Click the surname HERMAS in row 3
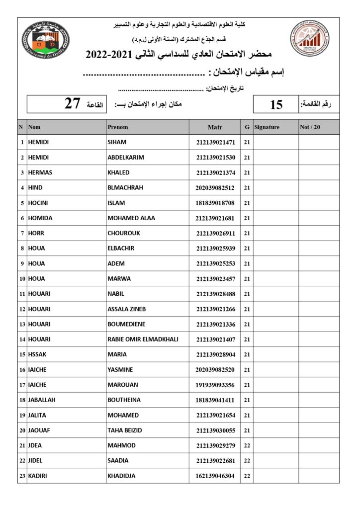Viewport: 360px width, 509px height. [x=40, y=172]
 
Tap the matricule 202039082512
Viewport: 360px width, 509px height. [x=215, y=188]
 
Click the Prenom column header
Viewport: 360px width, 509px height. [x=118, y=127]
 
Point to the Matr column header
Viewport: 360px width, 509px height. [x=215, y=127]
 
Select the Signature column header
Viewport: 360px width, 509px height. [x=267, y=127]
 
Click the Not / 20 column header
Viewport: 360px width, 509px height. [x=310, y=127]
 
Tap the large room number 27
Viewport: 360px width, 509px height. [x=72, y=104]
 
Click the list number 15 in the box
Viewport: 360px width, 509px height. [x=276, y=104]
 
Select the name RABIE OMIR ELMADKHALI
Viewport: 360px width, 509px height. [x=143, y=339]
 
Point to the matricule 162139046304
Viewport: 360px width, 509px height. [x=215, y=476]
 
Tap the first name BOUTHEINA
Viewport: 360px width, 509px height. [x=124, y=400]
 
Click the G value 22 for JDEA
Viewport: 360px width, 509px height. [x=247, y=445]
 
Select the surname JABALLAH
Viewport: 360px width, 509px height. [x=43, y=400]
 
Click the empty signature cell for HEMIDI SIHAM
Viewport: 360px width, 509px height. [x=276, y=142]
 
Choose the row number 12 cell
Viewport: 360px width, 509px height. [x=22, y=309]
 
